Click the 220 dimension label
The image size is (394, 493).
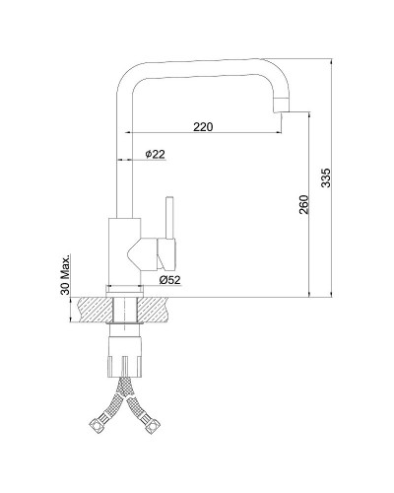tap(203, 126)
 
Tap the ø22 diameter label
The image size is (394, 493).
tap(155, 154)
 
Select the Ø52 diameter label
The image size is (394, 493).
tap(169, 280)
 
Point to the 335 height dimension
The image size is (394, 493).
tap(326, 177)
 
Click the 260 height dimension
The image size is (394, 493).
tap(303, 204)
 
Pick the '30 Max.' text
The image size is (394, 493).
tap(66, 274)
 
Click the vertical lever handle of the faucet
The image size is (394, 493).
tap(169, 218)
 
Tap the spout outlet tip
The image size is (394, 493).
tap(283, 107)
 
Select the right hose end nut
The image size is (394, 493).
tap(153, 426)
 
